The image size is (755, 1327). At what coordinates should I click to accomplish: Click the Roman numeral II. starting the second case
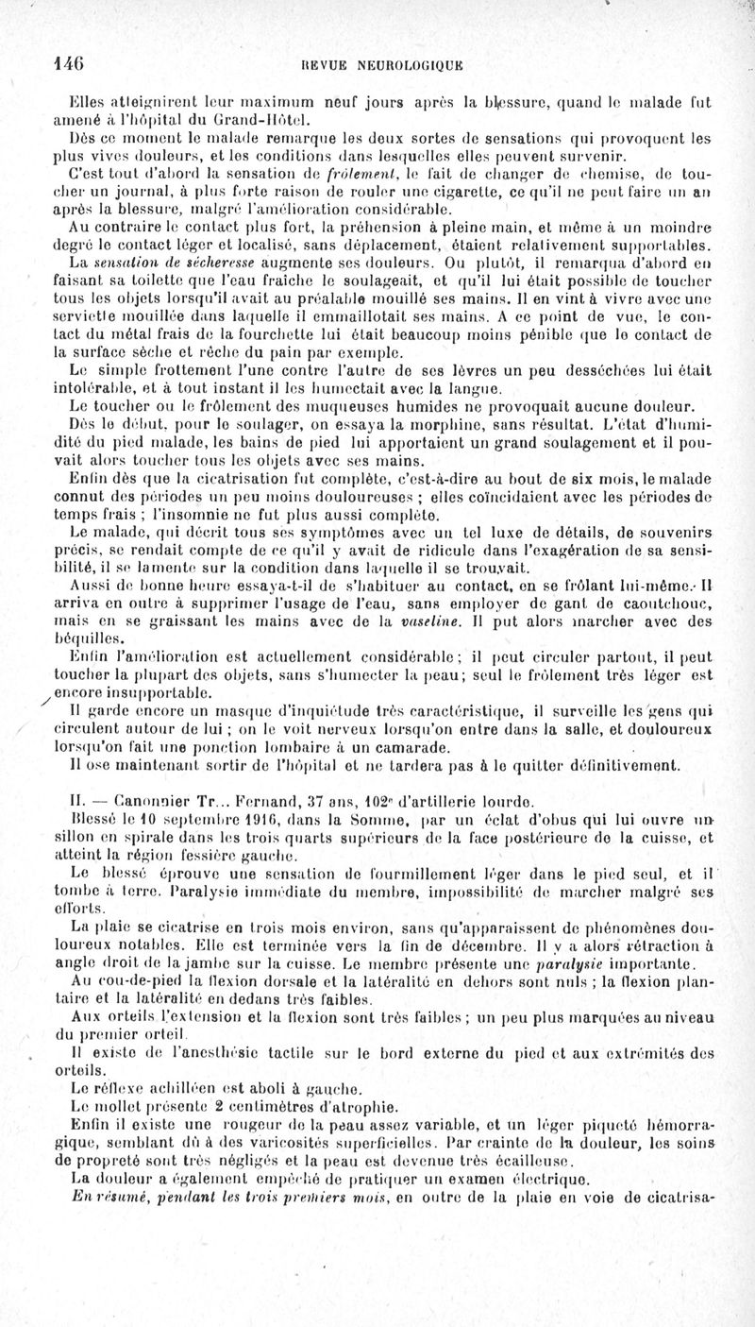[80, 792]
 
